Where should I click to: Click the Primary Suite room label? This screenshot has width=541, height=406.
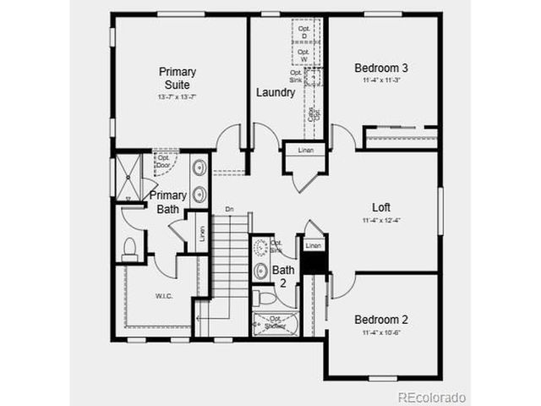click(x=178, y=79)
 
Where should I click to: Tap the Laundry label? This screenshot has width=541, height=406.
click(x=276, y=92)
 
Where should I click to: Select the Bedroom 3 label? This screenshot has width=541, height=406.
click(x=381, y=68)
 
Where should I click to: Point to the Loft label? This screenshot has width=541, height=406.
click(x=381, y=207)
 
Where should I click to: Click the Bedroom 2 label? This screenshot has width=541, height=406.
click(x=381, y=320)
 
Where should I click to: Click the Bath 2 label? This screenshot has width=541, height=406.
click(x=283, y=277)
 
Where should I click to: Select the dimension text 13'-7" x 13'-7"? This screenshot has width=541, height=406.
click(x=178, y=97)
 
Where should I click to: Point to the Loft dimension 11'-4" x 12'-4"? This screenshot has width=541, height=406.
click(x=381, y=221)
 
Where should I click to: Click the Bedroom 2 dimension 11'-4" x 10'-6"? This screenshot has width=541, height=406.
click(x=381, y=332)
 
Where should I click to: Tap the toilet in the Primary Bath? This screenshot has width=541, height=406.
click(x=130, y=249)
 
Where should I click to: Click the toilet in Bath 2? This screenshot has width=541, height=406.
click(x=263, y=298)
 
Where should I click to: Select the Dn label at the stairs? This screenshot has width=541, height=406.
click(x=229, y=208)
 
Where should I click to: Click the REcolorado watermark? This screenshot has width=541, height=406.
click(x=432, y=397)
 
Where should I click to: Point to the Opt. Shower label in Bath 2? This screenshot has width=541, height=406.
click(x=275, y=322)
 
